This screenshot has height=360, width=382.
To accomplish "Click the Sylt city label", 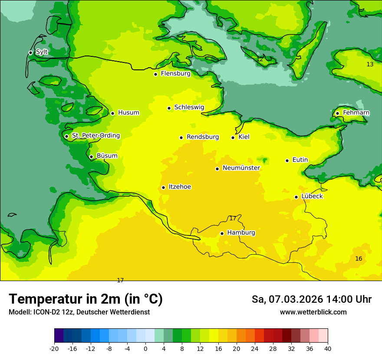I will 42,52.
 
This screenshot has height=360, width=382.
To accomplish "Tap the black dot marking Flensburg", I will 155,74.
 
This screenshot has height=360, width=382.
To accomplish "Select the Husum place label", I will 128,113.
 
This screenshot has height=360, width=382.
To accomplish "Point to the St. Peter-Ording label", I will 95,136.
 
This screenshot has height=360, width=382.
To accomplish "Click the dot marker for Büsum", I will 91,157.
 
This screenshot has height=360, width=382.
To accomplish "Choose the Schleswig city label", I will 189,107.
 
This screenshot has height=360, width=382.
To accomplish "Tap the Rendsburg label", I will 203,137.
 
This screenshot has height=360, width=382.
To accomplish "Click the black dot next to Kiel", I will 233,137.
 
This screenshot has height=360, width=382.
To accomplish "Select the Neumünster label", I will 241,168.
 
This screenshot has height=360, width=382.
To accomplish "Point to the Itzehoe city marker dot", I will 163,187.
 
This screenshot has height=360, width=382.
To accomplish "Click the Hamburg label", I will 241,232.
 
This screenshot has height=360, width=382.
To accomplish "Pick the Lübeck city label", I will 312,196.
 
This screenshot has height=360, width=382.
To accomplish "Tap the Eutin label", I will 300,160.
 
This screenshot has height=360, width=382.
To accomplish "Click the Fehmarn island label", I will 356,113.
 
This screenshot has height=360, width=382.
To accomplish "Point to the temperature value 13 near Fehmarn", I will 370,64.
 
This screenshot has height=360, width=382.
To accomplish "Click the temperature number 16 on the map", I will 359,259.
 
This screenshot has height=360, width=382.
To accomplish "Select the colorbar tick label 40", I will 327,348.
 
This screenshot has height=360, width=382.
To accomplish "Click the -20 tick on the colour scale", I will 54,348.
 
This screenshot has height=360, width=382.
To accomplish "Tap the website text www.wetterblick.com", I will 313,312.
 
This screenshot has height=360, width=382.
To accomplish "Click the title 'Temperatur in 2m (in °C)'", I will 86,299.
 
